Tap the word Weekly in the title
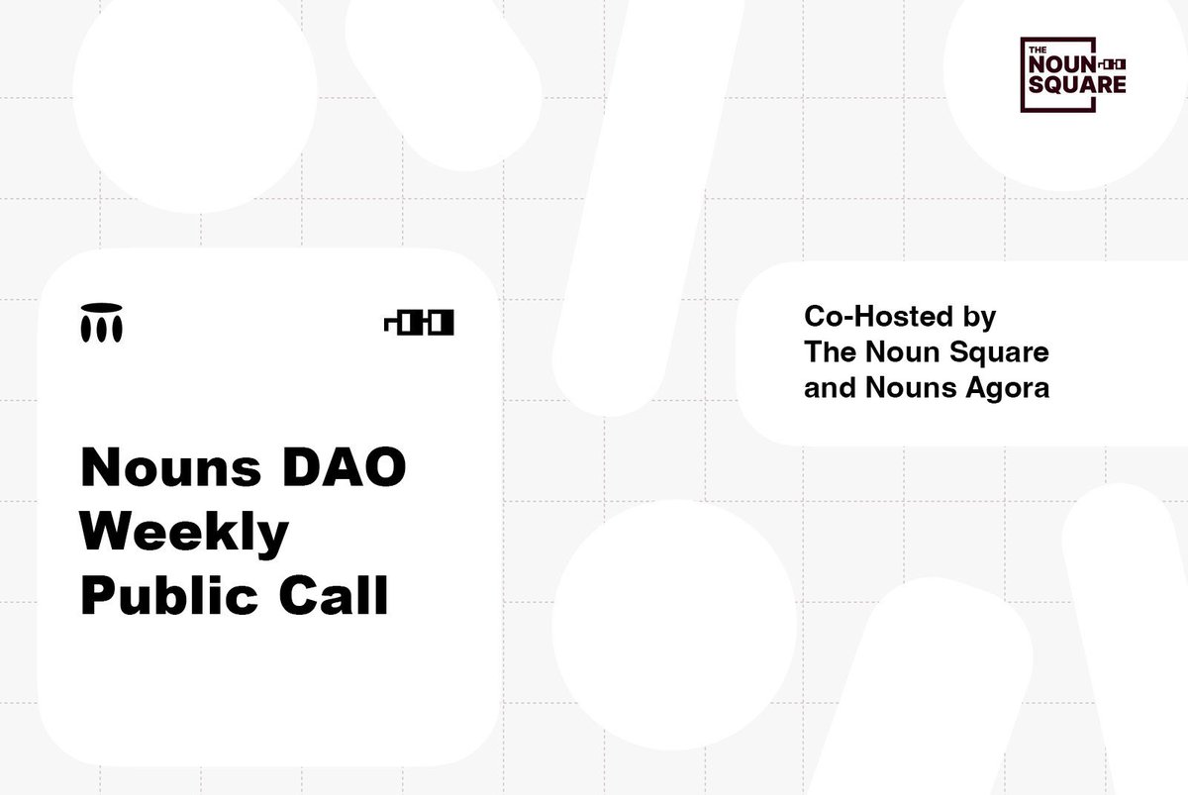click(184, 533)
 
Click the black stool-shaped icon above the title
click(101, 322)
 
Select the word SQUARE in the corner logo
click(1077, 84)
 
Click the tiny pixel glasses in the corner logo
click(1113, 64)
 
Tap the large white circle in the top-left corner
click(195, 91)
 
